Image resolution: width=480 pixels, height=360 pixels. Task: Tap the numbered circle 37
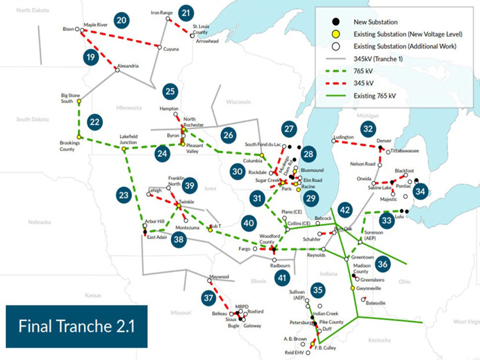[x=209, y=298]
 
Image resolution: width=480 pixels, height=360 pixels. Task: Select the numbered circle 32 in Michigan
[x=367, y=128]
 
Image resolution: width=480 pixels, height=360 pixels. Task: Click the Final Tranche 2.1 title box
[x=77, y=326]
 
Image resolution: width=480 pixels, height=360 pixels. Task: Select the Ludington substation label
[x=343, y=137]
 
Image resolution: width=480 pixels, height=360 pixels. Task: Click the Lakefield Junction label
[x=128, y=139]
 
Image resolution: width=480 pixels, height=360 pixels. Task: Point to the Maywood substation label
[x=219, y=277]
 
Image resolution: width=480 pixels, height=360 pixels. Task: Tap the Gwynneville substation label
[x=368, y=287]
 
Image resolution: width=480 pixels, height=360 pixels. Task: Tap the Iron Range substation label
[x=162, y=12]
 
